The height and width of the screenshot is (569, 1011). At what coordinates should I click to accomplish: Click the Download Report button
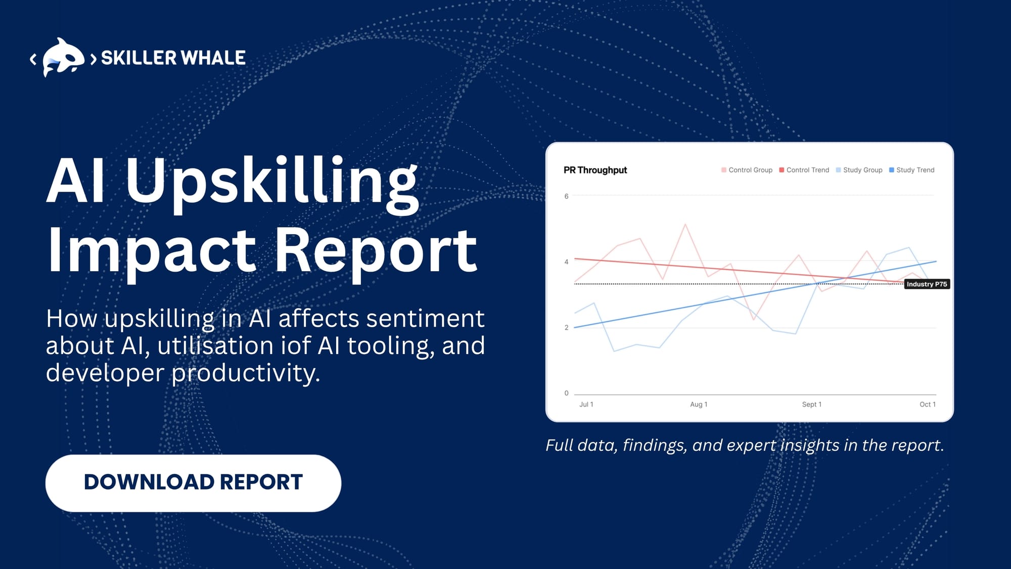(193, 483)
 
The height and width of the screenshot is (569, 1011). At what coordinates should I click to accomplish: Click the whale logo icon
(63, 57)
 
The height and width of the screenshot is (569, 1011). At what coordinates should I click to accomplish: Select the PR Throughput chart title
(595, 170)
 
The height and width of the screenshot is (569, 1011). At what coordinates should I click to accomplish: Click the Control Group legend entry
(747, 170)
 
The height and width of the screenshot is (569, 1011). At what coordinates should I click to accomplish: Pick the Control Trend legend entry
(804, 170)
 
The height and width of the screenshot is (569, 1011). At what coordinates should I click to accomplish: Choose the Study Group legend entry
(859, 170)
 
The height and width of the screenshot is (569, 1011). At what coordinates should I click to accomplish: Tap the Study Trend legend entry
(912, 170)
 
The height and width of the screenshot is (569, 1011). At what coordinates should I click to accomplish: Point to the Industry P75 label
(927, 284)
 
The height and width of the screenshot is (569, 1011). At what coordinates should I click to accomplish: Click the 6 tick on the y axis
(566, 196)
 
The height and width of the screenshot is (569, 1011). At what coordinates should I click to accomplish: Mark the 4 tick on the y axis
(566, 262)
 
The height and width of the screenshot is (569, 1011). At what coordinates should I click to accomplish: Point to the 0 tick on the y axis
(566, 393)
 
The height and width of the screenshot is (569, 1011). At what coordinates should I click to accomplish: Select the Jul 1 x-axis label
(586, 405)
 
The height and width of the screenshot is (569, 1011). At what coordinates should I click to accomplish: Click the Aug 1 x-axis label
(699, 405)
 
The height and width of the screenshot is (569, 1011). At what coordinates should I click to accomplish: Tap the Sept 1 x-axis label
(811, 405)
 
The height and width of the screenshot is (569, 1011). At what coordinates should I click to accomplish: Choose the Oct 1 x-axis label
(927, 405)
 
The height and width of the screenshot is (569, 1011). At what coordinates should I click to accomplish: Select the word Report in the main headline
(376, 250)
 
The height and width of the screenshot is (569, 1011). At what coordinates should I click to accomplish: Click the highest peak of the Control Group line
(685, 224)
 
